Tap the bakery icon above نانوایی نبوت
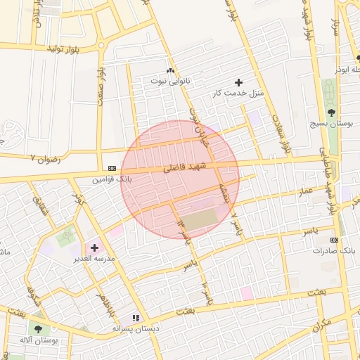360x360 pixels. click(x=169, y=70)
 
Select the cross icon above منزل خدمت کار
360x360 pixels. click(x=238, y=82)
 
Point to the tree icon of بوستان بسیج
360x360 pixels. click(x=331, y=112)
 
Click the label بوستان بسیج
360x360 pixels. click(x=331, y=123)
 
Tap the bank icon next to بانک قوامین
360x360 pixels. click(x=112, y=169)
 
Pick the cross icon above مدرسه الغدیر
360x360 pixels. click(x=94, y=247)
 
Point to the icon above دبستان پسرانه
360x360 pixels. click(x=136, y=318)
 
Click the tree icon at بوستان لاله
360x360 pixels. click(x=37, y=328)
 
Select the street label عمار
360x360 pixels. click(x=305, y=191)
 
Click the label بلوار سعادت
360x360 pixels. click(x=283, y=134)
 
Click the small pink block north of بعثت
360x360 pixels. click(x=247, y=292)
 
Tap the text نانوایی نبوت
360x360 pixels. click(x=169, y=82)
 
